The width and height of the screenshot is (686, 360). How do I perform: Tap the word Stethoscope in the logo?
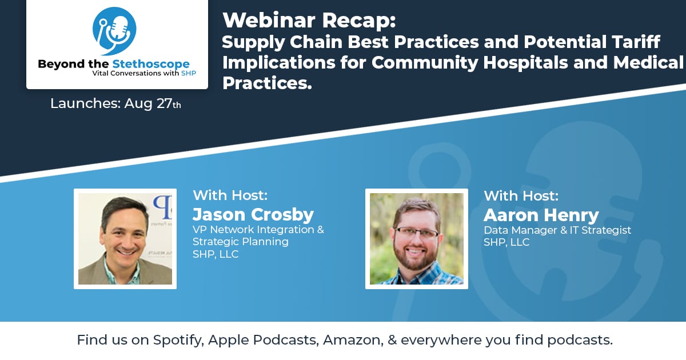point(151,64)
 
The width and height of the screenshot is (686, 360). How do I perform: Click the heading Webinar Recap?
point(309,21)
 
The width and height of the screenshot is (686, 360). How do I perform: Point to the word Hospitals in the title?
point(525,62)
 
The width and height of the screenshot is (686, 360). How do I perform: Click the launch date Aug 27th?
point(153,103)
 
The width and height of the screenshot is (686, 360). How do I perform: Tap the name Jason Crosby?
point(253,214)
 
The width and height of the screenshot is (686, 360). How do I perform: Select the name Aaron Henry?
point(541,215)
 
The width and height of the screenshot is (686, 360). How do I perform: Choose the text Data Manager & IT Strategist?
point(557,230)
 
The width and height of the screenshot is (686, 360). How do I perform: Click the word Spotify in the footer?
point(178,341)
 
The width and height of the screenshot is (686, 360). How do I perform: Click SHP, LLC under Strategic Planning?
point(216,254)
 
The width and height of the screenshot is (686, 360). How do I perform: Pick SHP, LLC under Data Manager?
point(506,242)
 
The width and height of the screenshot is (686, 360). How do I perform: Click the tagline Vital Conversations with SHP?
point(144,73)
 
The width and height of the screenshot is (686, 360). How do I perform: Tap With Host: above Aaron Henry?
point(521,196)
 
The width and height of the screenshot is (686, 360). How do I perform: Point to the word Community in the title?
point(425,63)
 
